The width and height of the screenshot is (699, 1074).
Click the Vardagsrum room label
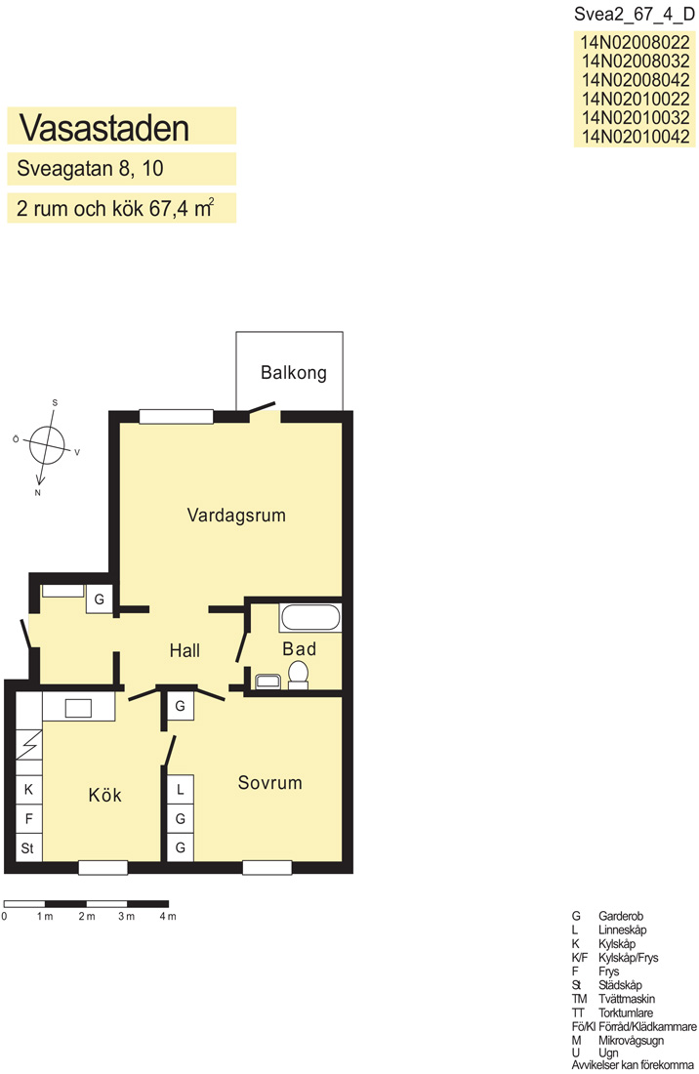pos(236,516)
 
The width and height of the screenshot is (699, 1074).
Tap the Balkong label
pos(293,373)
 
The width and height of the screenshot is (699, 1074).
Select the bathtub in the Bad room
pos(310,618)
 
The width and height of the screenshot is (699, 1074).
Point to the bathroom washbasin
pos(267,681)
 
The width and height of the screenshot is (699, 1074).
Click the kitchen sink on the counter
pos(78,708)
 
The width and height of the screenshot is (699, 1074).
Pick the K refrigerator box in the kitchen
pos(28,790)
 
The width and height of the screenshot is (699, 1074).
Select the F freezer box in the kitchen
pos(28,818)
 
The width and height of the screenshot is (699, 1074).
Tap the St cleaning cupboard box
pos(28,847)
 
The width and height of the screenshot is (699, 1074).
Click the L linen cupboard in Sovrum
pos(181,789)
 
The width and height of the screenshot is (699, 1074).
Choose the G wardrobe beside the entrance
pos(100,599)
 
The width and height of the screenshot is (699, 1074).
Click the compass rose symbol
pos(47,445)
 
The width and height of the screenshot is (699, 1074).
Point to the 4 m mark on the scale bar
pos(168,917)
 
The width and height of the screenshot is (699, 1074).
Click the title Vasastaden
pos(104,127)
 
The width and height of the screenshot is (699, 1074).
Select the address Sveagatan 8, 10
pos(90,169)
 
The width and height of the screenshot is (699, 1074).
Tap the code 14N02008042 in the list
pos(636,79)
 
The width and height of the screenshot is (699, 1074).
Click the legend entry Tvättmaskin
pos(627,999)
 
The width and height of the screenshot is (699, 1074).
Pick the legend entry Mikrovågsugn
pos(631,1041)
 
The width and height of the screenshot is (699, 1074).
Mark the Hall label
pos(185,650)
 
